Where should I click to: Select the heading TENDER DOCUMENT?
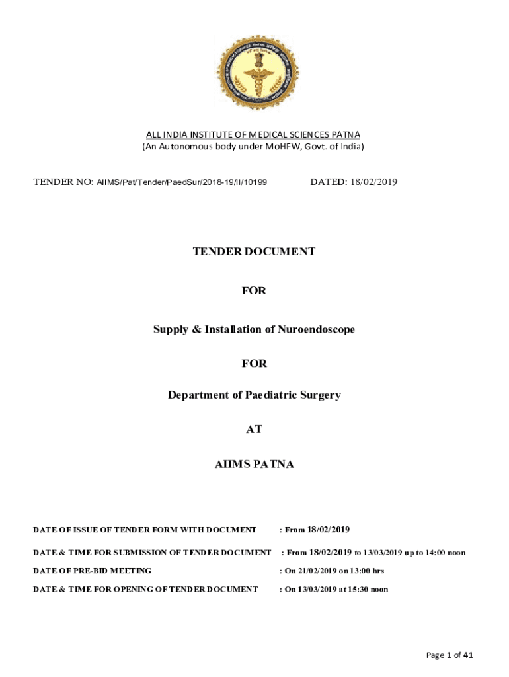tap(254, 251)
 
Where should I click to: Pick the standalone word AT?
tap(254, 429)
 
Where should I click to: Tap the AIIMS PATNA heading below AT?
tap(254, 465)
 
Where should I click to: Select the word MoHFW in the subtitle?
tap(284, 146)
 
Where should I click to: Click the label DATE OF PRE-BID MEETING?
tap(93, 571)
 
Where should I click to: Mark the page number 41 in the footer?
tap(468, 655)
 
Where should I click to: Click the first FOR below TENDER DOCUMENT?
tap(254, 290)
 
